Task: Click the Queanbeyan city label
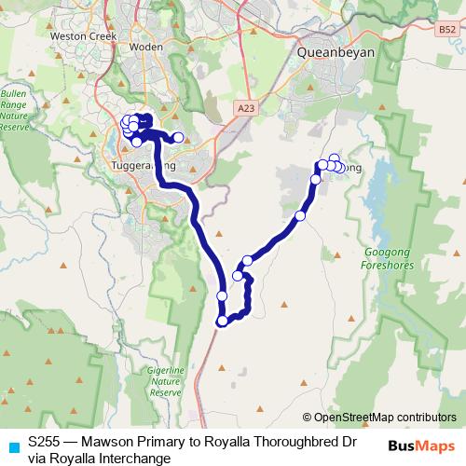click(336, 53)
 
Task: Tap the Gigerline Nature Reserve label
click(165, 382)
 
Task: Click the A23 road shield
click(246, 108)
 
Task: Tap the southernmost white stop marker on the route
click(222, 322)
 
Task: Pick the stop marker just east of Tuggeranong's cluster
click(178, 137)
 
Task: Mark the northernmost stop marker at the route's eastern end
click(335, 159)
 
